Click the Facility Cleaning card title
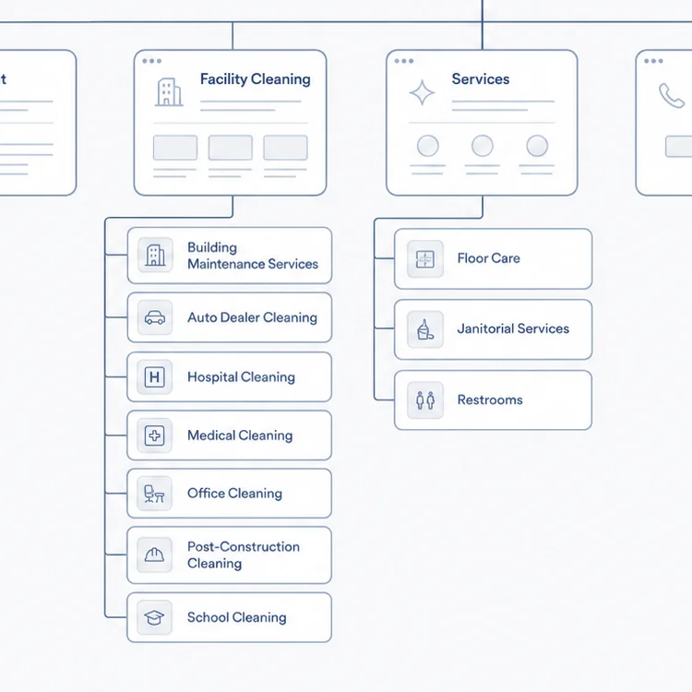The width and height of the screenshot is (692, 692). [x=255, y=79]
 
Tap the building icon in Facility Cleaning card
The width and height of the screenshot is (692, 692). [x=169, y=92]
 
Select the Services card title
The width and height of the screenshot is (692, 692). [x=481, y=79]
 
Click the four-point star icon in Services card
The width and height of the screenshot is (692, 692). [x=422, y=92]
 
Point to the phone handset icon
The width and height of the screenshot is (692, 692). [x=672, y=95]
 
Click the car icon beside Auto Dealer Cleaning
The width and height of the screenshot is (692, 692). [x=155, y=317]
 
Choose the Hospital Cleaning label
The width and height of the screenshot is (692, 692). [x=241, y=376]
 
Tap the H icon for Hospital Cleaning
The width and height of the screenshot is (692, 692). [x=154, y=376]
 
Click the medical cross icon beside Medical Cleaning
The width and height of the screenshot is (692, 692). [x=154, y=435]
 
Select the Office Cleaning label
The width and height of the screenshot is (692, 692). [x=234, y=493]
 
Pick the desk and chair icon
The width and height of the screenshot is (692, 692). [x=154, y=494]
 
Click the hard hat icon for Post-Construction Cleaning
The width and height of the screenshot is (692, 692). [x=154, y=555]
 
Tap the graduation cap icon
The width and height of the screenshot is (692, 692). [x=154, y=617]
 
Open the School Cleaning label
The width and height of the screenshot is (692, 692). [x=236, y=617]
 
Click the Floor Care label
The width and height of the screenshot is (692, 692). [x=488, y=258]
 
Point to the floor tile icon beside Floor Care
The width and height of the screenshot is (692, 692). [x=425, y=259]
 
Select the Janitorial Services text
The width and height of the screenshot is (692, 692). [x=513, y=328]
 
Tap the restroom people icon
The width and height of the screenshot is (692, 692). [x=425, y=400]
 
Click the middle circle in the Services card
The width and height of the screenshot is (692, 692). [x=483, y=146]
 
